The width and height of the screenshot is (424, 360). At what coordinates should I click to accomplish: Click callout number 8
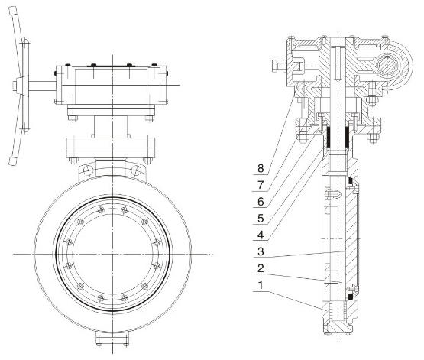(261, 168)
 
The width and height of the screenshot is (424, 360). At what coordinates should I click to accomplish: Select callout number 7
(261, 185)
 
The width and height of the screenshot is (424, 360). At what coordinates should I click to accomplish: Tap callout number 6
(261, 202)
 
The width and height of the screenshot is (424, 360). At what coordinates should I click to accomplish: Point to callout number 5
(261, 219)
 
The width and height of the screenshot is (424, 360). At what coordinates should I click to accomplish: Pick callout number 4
(261, 235)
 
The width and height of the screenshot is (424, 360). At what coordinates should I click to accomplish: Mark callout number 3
(261, 251)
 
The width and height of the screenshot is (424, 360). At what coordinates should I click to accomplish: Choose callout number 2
(261, 268)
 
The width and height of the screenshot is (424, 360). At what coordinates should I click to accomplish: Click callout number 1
(261, 285)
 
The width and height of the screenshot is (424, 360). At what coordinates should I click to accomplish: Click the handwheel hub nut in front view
(15, 86)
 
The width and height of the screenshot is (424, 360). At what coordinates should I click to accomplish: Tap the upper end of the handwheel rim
(13, 10)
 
